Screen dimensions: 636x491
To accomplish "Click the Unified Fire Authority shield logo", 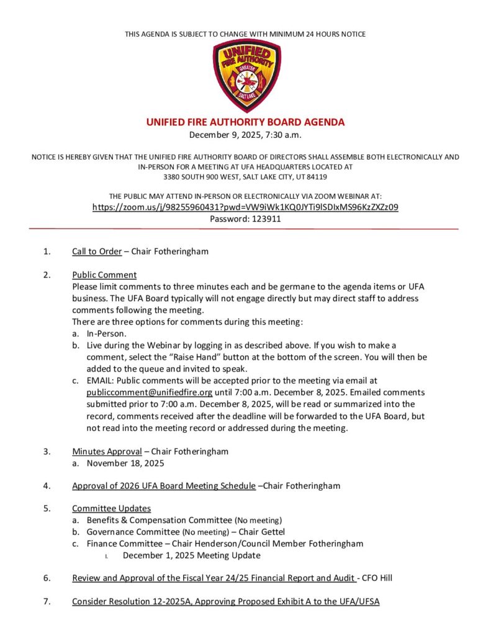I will point(245,75).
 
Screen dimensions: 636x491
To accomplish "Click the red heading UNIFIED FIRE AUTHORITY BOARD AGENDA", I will point(245,122).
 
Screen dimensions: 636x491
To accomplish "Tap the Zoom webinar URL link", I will point(245,207).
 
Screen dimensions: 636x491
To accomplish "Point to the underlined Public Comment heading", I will point(104,275).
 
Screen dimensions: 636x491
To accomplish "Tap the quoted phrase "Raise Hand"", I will point(198,357).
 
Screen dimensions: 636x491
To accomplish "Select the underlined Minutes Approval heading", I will point(107,452).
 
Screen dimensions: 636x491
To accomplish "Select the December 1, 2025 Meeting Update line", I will point(191,555).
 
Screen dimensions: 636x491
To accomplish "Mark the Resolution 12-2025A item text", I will point(225,601).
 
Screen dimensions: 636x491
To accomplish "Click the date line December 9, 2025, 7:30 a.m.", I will point(245,135).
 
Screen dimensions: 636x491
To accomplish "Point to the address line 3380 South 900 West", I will point(245,177).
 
